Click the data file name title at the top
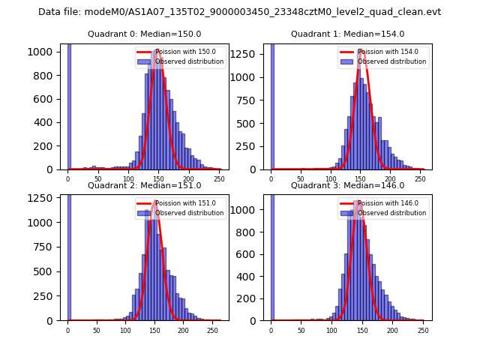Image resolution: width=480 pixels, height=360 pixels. pyautogui.click(x=239, y=12)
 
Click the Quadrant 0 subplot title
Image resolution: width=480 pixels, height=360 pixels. pyautogui.click(x=145, y=34)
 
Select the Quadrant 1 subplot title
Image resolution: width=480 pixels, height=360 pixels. pyautogui.click(x=347, y=34)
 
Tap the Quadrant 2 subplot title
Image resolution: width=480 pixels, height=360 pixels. pyautogui.click(x=145, y=185)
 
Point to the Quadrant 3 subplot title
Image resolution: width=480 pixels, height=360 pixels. pyautogui.click(x=347, y=185)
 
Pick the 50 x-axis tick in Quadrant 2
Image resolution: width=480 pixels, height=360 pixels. pyautogui.click(x=97, y=330)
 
